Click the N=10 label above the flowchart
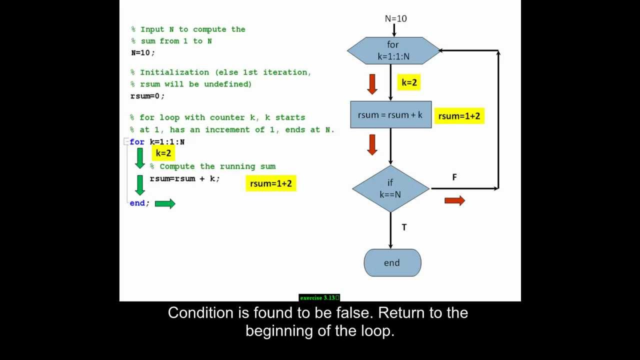click(395, 18)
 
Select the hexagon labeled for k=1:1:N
click(393, 50)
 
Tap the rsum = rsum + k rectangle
click(390, 114)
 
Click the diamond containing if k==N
click(390, 188)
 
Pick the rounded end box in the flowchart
click(392, 262)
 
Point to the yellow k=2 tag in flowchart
click(409, 82)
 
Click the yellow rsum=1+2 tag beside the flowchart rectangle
click(459, 116)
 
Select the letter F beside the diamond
click(454, 177)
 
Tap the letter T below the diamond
click(404, 227)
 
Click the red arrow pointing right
click(454, 200)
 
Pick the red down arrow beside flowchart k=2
click(371, 84)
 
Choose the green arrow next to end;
click(165, 203)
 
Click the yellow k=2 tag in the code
click(163, 153)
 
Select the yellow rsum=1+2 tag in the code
click(270, 183)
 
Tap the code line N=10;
click(143, 52)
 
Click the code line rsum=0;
click(147, 96)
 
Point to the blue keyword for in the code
click(137, 142)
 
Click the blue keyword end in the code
click(137, 203)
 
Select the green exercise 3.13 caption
click(319, 297)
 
